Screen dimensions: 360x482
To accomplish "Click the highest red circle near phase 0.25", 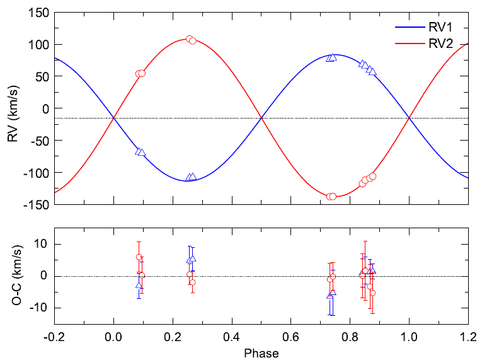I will pyautogui.click(x=189, y=39).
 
